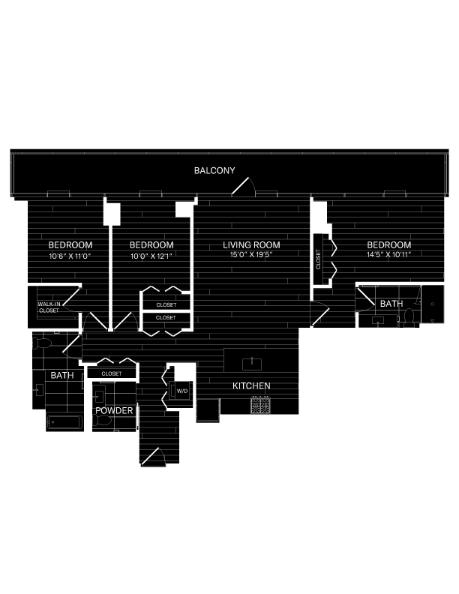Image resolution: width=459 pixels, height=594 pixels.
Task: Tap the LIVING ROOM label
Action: [252, 245]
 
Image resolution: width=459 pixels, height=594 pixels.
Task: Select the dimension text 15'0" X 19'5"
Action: [251, 255]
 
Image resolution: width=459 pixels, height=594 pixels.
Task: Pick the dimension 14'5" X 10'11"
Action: [388, 255]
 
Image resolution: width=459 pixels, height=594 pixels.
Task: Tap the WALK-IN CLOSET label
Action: [49, 307]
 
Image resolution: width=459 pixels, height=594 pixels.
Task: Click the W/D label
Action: [182, 390]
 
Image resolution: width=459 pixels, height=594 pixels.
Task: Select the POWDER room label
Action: [114, 411]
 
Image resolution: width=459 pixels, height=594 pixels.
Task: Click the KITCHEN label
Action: [251, 385]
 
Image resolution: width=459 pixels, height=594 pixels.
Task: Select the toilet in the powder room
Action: [106, 421]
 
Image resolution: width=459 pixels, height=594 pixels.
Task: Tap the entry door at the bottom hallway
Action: [154, 456]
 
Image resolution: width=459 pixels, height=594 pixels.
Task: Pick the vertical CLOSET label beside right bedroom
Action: [318, 260]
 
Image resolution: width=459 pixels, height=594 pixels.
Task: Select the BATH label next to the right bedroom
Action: [391, 304]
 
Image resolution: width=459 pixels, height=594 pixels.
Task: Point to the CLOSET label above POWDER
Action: [111, 373]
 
